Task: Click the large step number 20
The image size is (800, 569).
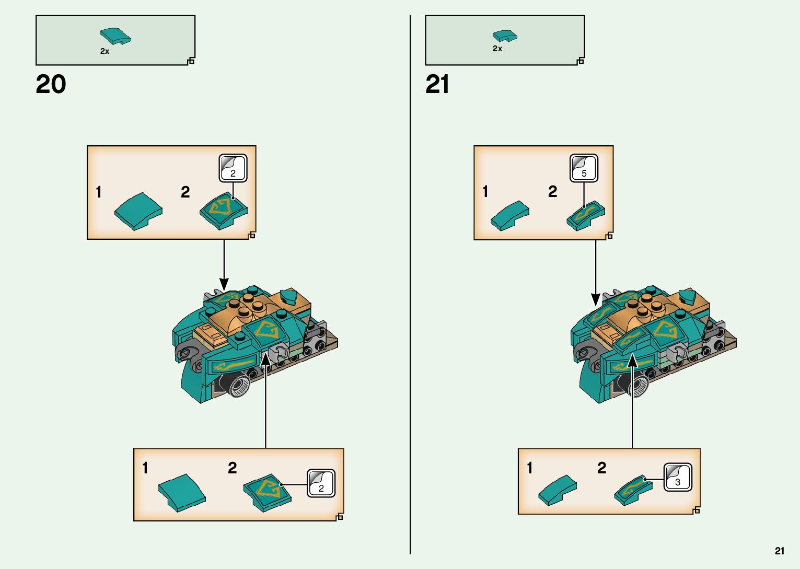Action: click(x=51, y=85)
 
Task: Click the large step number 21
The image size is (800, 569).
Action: click(x=437, y=85)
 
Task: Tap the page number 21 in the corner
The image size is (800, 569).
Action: click(x=780, y=551)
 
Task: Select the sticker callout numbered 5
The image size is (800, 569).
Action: click(x=584, y=168)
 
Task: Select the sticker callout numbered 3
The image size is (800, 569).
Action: click(x=678, y=477)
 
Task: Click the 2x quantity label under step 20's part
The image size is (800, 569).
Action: click(x=105, y=51)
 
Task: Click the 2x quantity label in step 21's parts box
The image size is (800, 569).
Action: click(x=497, y=49)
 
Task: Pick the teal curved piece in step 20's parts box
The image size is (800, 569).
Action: click(x=115, y=36)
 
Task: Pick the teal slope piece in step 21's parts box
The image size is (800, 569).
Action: click(x=505, y=36)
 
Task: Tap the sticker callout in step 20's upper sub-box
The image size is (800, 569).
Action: click(x=233, y=168)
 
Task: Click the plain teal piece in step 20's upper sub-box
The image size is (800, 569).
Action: click(x=138, y=211)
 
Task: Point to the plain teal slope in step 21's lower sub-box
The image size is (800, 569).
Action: click(x=557, y=490)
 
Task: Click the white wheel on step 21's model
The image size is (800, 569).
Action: click(x=637, y=387)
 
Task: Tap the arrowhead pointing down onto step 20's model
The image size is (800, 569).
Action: click(x=224, y=285)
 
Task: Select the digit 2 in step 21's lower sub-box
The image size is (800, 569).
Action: click(x=602, y=468)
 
